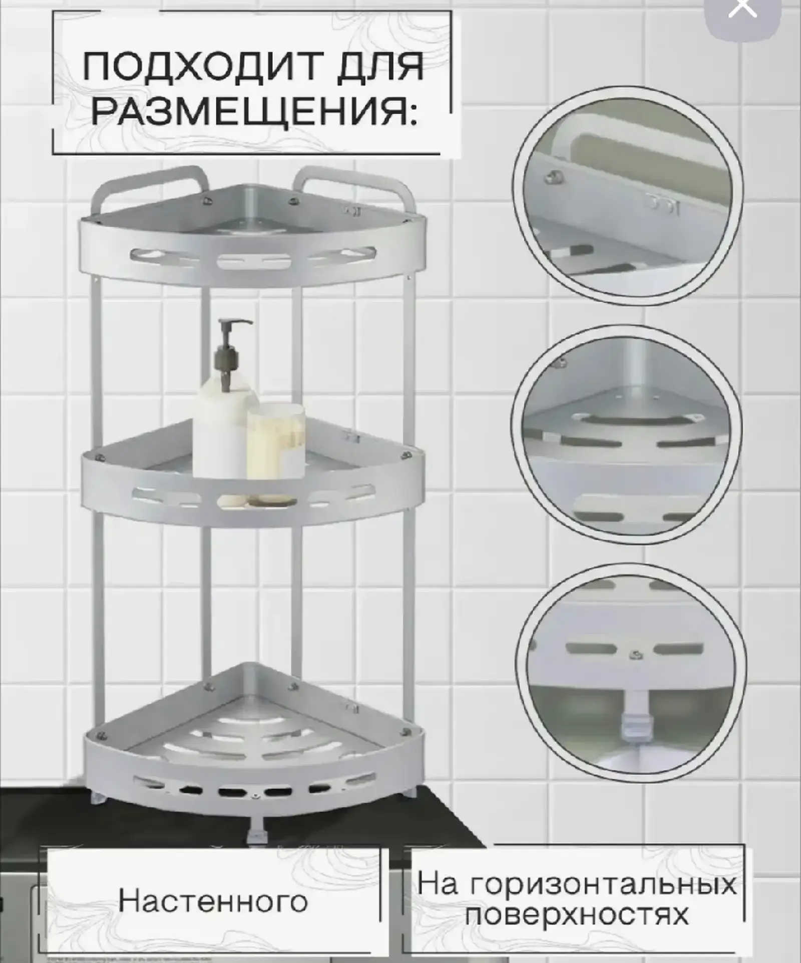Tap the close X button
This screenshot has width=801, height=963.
click(x=743, y=9)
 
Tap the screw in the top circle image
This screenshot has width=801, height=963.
click(x=553, y=177)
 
